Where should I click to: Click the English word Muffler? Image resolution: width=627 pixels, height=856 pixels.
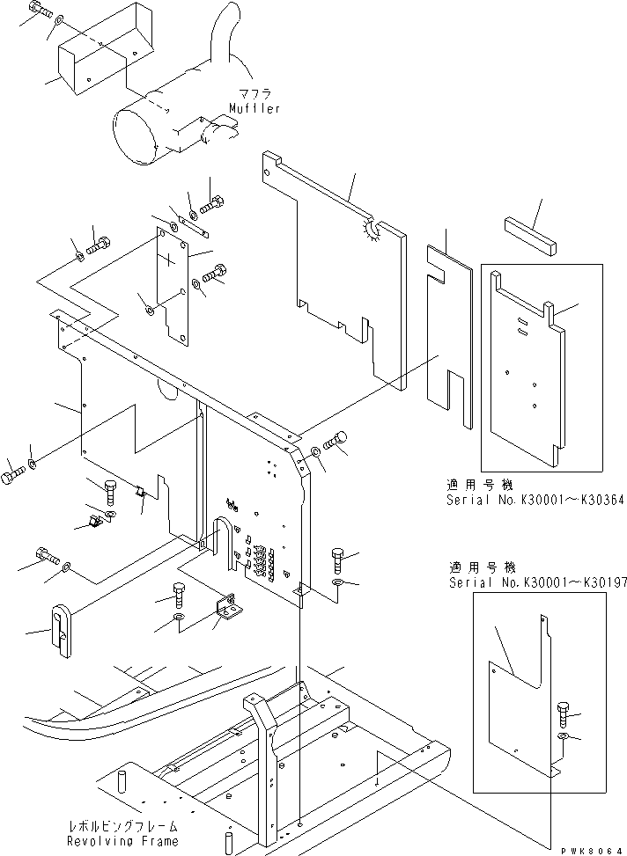[254, 108]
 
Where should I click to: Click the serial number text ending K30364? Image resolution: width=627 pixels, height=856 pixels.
[523, 499]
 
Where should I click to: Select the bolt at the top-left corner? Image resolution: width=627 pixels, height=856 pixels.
[35, 11]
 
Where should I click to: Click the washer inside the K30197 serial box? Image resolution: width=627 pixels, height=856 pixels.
[564, 735]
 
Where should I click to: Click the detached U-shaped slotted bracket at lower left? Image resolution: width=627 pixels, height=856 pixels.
[61, 626]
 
